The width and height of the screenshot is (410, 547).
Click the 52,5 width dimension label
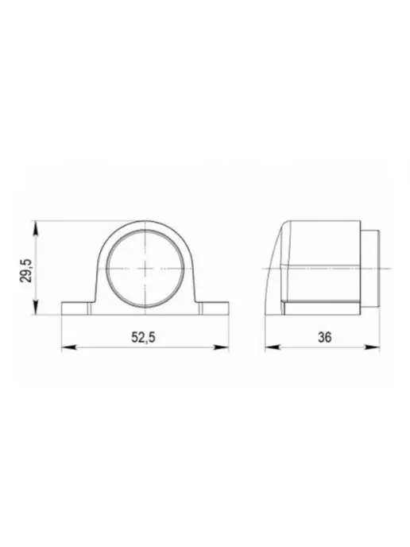(143, 337)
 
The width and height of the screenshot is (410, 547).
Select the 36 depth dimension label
(324, 337)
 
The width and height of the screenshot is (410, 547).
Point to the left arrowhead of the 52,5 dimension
(69, 347)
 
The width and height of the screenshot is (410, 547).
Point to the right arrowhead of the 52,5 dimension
(222, 347)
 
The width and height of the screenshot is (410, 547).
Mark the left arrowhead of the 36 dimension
(273, 347)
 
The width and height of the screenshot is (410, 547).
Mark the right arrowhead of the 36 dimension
(373, 347)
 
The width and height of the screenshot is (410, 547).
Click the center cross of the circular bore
(145, 268)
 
